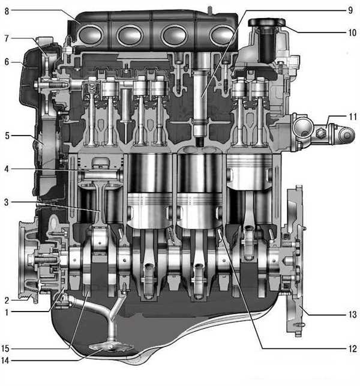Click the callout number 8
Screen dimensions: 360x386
coord(7,11)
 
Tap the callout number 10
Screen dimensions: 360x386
coord(352,32)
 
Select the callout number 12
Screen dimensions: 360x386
coord(352,349)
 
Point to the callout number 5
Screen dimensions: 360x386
coord(7,136)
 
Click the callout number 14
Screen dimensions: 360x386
coord(5,361)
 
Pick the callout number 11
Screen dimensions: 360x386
coord(353,116)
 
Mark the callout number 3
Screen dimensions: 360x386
coord(7,202)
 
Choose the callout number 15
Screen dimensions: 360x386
coord(5,349)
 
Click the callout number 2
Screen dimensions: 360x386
coord(7,300)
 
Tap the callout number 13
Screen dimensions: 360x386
coord(352,315)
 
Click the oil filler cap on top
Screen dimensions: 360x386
coord(266,23)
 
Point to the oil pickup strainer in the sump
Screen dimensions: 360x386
coord(111,348)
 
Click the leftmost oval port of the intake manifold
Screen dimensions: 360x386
coord(90,35)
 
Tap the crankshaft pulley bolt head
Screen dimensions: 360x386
coord(31,260)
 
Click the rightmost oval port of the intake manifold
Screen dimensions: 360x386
coord(221,35)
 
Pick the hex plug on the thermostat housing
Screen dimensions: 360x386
coord(320,133)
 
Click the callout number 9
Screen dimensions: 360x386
coord(350,10)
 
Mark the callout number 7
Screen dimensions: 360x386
coord(7,38)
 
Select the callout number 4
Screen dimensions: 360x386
coord(7,169)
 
